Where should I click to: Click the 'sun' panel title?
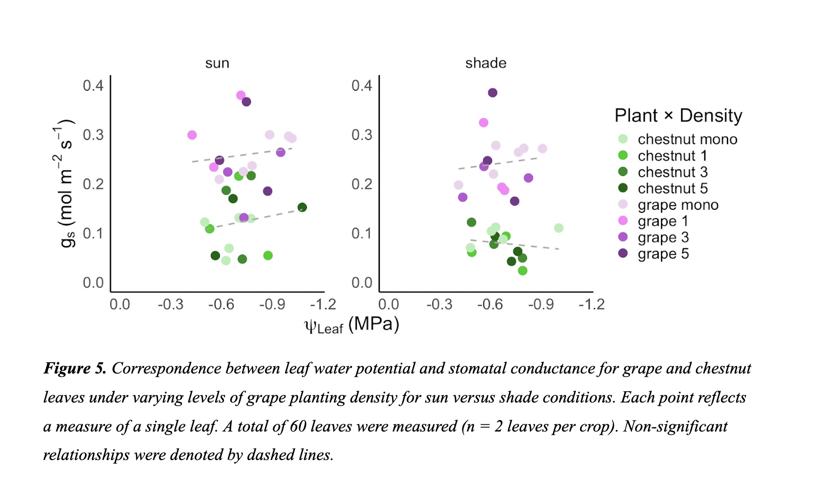(x=217, y=63)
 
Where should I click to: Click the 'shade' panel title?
(x=485, y=63)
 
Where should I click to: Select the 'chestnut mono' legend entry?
(x=687, y=139)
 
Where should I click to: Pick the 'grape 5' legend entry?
(x=663, y=254)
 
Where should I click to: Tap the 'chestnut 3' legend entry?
(x=672, y=172)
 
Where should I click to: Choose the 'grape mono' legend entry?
(x=678, y=205)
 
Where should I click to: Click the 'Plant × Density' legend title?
(x=678, y=116)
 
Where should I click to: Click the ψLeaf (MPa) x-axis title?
(x=351, y=325)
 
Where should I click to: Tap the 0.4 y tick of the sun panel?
(x=93, y=85)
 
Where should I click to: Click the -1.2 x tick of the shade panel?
(x=591, y=304)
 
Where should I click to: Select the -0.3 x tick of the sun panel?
(x=171, y=304)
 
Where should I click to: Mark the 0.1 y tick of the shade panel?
(x=362, y=234)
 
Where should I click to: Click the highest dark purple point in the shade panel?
(x=492, y=93)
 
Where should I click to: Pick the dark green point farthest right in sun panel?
(x=302, y=207)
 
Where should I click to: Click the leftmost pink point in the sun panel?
(x=192, y=135)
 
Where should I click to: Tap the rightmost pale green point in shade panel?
(x=558, y=228)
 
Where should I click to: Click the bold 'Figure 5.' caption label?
(x=75, y=368)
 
